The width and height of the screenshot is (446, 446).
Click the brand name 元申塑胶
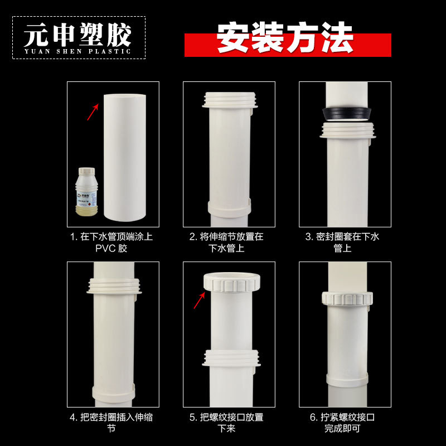tap(77, 35)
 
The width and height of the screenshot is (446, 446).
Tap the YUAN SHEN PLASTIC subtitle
tap(77, 51)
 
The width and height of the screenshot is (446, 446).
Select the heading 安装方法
tap(285, 37)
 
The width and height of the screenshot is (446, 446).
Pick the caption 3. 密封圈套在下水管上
tap(342, 242)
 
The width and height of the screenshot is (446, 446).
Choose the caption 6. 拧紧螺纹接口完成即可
tap(342, 423)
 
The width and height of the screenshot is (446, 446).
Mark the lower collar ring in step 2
tap(229, 206)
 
